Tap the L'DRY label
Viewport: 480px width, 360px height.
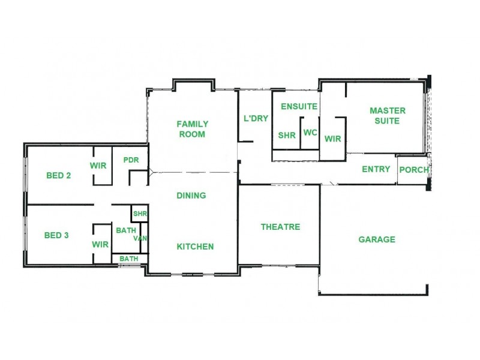[256, 118]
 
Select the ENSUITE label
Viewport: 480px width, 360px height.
[299, 106]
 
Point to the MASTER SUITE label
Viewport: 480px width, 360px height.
[387, 115]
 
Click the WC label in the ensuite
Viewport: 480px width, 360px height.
[310, 133]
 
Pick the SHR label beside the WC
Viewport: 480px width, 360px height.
[287, 136]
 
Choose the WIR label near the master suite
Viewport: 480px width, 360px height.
[332, 139]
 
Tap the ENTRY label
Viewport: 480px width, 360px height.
[376, 169]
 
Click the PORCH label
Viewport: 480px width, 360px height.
[414, 170]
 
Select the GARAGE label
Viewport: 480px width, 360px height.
[377, 239]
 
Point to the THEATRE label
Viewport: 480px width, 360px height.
[280, 227]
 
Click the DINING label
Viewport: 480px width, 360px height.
[191, 195]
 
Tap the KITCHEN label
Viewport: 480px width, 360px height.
[195, 247]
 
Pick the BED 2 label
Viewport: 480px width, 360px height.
[59, 176]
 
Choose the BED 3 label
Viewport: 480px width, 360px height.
[57, 235]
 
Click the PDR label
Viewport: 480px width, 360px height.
[131, 160]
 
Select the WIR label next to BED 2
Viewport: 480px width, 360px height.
[98, 165]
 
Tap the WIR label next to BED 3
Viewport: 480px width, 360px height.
[100, 244]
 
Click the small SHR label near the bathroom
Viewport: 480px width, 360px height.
[140, 214]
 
